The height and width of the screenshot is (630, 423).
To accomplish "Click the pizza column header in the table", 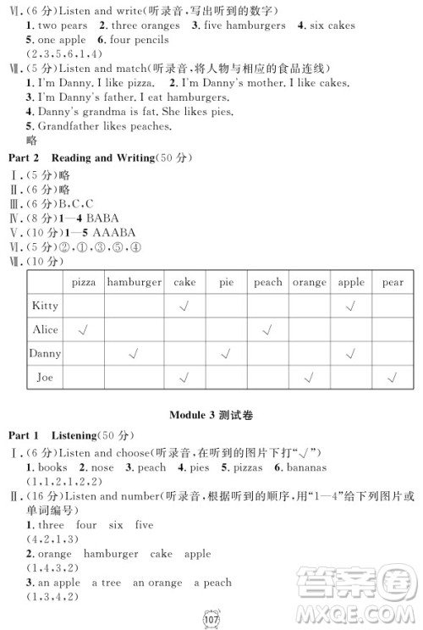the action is click(x=84, y=283).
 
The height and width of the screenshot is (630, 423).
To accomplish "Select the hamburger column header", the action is click(x=135, y=283).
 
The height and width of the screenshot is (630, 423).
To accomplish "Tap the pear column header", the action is click(x=392, y=283).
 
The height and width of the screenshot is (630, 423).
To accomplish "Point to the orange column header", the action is click(x=310, y=283).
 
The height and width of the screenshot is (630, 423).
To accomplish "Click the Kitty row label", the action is click(x=44, y=306).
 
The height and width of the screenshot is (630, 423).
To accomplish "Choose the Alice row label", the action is click(x=45, y=329).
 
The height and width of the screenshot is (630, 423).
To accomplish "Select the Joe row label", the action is click(x=44, y=377).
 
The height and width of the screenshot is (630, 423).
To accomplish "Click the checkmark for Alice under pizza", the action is click(x=84, y=329).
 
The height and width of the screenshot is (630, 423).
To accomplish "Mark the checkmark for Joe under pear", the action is click(x=392, y=377).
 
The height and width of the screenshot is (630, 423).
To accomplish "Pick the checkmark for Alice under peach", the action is click(x=267, y=329).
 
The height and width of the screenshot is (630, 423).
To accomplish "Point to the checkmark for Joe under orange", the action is click(x=310, y=377).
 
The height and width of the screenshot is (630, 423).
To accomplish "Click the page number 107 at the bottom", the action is click(x=212, y=617).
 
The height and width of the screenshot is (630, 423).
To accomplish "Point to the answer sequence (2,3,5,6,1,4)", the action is click(x=62, y=53).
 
